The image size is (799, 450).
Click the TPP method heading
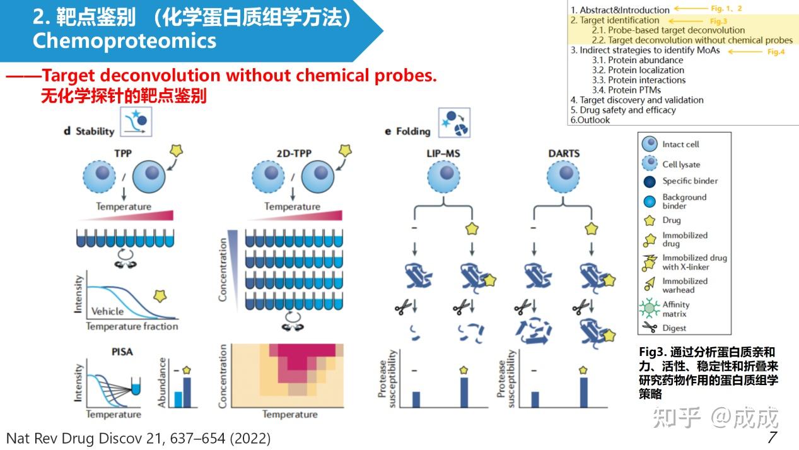click(124, 153)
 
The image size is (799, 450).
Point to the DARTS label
click(564, 153)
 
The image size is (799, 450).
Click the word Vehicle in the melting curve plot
click(108, 311)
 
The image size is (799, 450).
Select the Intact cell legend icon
click(650, 145)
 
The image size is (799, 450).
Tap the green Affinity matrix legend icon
click(649, 309)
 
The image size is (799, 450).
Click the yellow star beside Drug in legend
click(649, 220)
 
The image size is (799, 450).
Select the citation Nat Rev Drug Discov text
click(138, 438)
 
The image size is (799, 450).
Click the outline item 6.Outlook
click(590, 120)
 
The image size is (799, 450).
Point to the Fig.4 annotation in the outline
click(776, 52)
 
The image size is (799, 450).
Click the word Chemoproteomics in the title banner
click(124, 41)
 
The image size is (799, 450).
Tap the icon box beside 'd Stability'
click(136, 122)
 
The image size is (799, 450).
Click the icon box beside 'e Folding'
click(455, 122)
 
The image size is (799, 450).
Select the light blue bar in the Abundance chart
click(178, 400)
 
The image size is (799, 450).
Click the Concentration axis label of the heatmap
click(222, 376)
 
